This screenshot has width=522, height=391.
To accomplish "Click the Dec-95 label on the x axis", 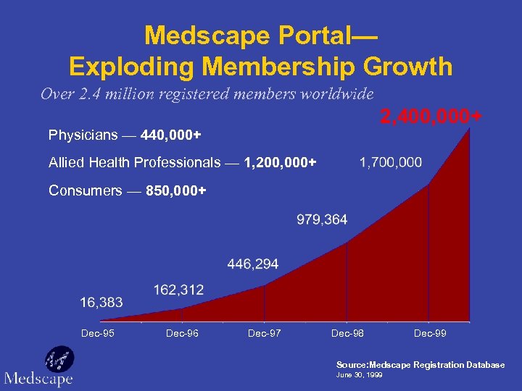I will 98,333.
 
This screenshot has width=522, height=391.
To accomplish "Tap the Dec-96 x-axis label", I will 182,333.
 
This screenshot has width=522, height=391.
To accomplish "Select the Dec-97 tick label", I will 265,333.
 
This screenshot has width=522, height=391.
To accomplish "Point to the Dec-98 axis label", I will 347,333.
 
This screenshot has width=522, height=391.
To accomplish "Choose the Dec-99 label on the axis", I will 430,333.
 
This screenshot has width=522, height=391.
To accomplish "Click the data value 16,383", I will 101,302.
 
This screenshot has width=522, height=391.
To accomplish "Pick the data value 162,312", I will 178,290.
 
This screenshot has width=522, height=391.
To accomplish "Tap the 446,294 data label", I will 252,264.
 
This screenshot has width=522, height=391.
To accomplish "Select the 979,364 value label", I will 322,219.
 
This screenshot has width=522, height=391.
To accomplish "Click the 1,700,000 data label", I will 390,162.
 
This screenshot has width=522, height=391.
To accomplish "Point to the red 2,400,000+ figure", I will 431,117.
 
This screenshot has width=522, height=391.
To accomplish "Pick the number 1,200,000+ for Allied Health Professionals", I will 281,163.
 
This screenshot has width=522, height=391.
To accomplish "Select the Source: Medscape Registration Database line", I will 420,365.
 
